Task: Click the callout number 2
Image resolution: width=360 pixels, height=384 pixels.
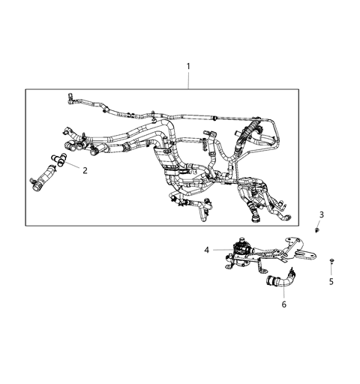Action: point(85,170)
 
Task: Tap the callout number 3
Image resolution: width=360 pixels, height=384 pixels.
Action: point(322,214)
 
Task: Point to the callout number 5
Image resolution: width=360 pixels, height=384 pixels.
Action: point(331,282)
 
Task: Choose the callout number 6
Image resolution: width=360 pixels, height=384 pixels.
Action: point(283,305)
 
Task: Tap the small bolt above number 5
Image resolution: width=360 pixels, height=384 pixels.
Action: point(331,262)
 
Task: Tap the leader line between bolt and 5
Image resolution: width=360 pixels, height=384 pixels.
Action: point(331,271)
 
